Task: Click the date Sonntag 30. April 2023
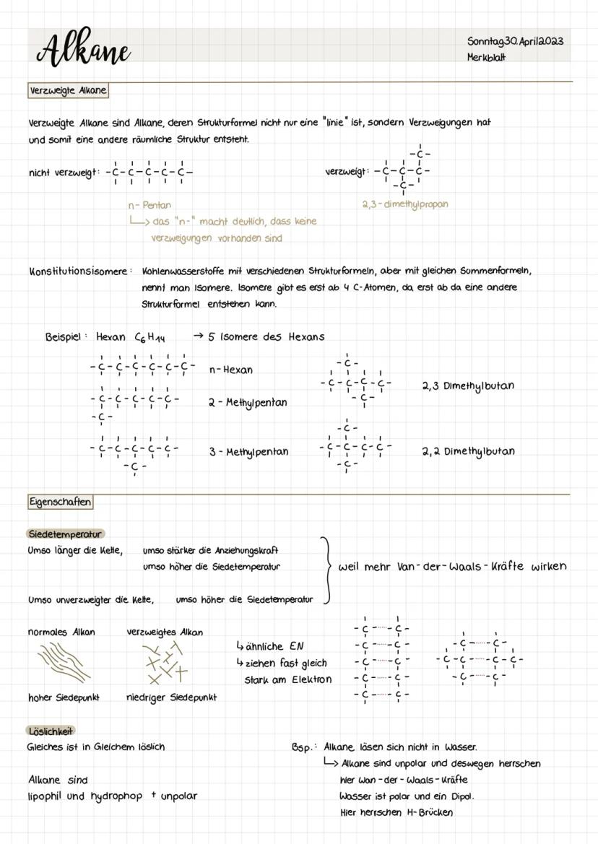514,41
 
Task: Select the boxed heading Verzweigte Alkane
67,90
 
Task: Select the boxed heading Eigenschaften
60,501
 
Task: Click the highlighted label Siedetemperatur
65,534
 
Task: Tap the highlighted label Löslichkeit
51,731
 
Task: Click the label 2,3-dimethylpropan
404,204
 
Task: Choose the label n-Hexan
230,370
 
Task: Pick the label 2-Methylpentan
247,402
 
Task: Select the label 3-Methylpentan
248,452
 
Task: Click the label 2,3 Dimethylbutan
468,386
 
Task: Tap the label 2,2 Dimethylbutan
468,451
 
